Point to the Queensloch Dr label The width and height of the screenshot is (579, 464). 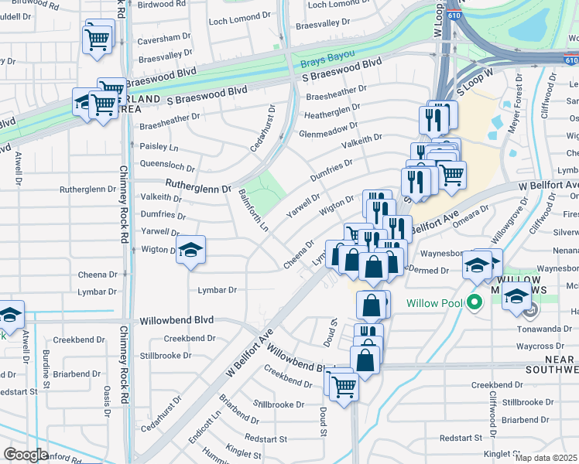166,164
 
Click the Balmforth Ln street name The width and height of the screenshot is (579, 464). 253,210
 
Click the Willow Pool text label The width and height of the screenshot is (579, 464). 436,302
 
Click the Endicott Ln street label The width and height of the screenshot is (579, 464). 214,423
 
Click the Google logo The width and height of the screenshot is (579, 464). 26,455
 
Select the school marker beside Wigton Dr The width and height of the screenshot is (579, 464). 190,250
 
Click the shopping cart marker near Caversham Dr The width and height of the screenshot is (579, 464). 98,38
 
